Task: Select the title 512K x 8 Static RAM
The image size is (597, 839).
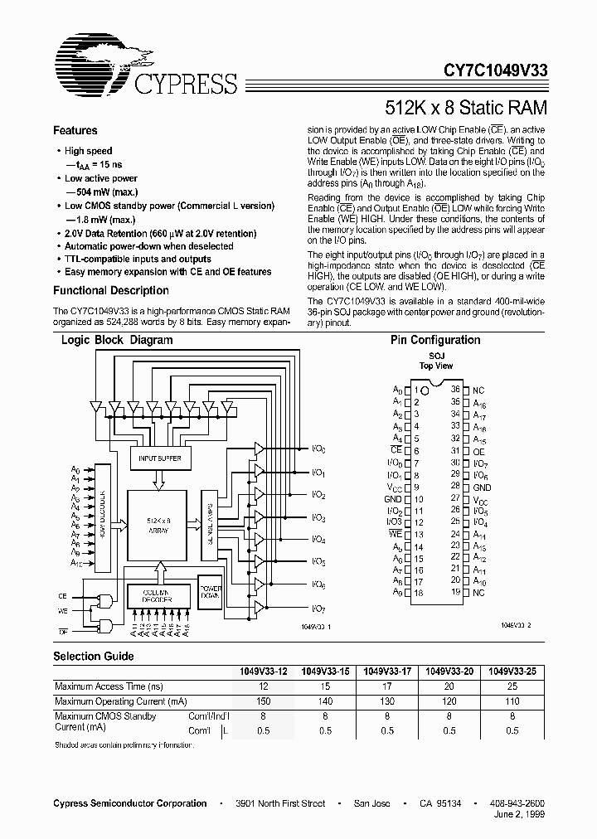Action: pyautogui.click(x=466, y=107)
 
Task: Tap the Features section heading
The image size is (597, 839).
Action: pyautogui.click(x=75, y=130)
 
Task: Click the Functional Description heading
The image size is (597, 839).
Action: pyautogui.click(x=110, y=291)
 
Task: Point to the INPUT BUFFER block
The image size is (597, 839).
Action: pyautogui.click(x=159, y=458)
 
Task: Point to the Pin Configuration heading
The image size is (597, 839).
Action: pyautogui.click(x=434, y=340)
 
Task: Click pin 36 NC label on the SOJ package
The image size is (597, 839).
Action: pyautogui.click(x=478, y=390)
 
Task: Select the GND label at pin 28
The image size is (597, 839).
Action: pyautogui.click(x=482, y=487)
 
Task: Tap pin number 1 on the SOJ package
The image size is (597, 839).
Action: pyautogui.click(x=416, y=390)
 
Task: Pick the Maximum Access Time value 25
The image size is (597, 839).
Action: pyautogui.click(x=512, y=686)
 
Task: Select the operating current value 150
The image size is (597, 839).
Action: pyautogui.click(x=264, y=701)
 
